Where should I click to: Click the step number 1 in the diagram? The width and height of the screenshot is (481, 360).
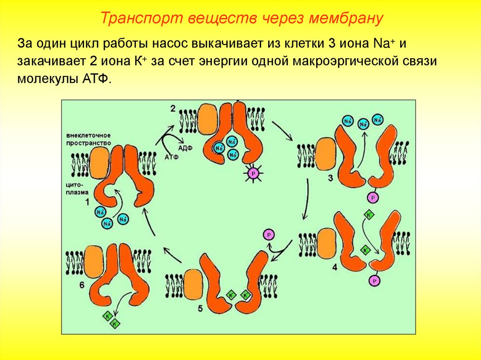click(87, 201)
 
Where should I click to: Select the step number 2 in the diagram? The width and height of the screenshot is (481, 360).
click(173, 108)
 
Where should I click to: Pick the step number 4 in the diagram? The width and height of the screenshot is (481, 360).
click(334, 268)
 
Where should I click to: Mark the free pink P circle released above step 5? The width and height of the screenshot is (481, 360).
click(268, 235)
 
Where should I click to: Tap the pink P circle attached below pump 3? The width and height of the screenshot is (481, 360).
click(373, 197)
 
